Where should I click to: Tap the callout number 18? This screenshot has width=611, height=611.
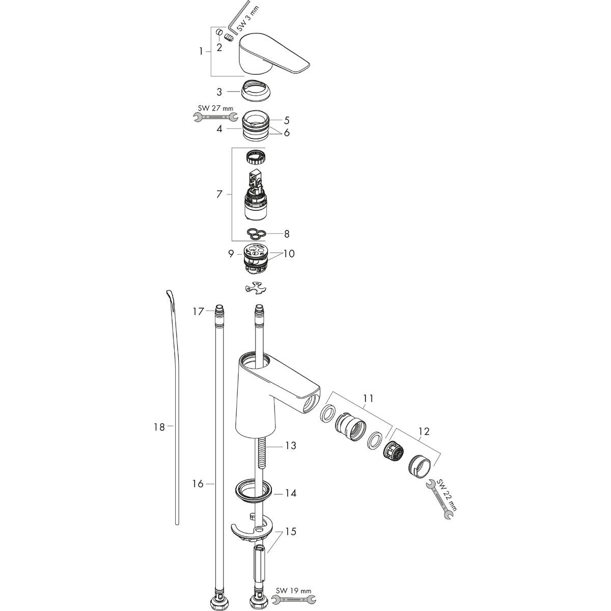159,427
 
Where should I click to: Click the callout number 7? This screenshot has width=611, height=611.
219,194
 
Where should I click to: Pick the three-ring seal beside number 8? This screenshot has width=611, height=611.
255,233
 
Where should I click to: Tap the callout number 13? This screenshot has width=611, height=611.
290,446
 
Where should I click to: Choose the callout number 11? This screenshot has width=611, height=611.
368,399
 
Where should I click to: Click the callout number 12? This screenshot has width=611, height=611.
424,432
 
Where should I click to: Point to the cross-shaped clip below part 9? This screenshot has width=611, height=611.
255,288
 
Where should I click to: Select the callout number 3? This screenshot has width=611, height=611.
219,92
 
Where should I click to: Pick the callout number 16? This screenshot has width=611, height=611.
198,484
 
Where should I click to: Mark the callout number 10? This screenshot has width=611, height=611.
289,254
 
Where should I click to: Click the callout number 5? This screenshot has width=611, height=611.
287,121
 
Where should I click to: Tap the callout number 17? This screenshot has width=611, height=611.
198,311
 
